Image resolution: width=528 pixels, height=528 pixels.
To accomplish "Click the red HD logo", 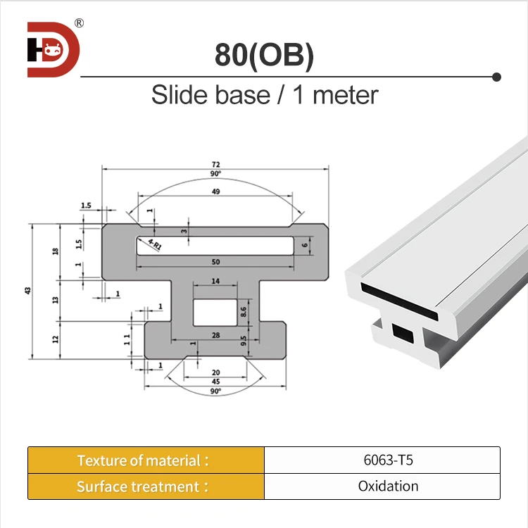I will coord(54,49).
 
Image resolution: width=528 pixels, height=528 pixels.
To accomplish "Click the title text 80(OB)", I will coord(264,56).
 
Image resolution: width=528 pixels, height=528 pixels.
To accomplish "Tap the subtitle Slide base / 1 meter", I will coord(264,94).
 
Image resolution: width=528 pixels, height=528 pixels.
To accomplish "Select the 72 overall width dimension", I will coord(215,163).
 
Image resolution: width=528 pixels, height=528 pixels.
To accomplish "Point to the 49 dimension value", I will coord(215,191).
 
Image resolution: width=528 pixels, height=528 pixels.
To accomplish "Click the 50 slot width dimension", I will coord(215,262).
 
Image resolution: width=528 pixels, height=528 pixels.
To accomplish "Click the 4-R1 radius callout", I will coord(154,246).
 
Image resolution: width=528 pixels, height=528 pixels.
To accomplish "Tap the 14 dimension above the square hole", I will coord(215,281).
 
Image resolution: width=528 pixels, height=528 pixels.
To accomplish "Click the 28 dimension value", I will coord(215,336).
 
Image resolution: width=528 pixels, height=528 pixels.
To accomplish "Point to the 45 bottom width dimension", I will coord(215,382).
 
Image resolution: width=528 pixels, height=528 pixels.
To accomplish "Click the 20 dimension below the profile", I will coord(215,372).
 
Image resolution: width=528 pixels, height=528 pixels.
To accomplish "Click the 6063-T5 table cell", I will coord(382,460).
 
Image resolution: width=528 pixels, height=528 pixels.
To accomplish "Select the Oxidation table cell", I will coord(382,486).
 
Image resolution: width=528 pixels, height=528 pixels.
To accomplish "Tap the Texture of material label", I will coord(144,460).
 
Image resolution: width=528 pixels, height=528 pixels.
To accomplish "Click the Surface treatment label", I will coord(144,486).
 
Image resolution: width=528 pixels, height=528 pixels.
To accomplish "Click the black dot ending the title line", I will coord(496,76).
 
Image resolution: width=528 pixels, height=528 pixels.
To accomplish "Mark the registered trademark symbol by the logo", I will coord(79,23).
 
